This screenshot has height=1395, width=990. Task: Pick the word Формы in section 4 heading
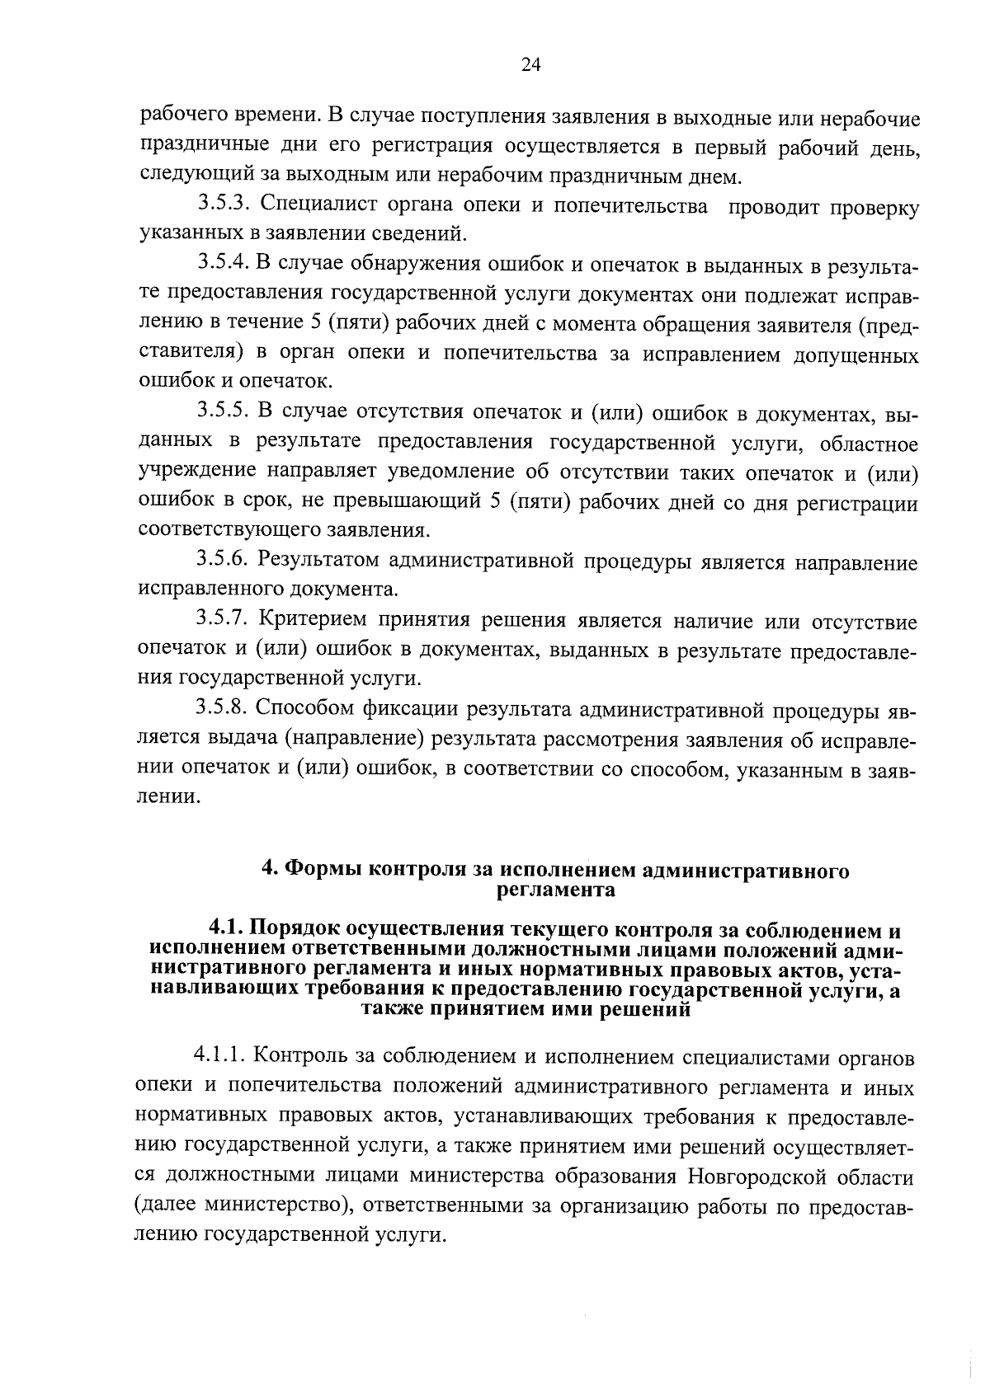320,871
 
